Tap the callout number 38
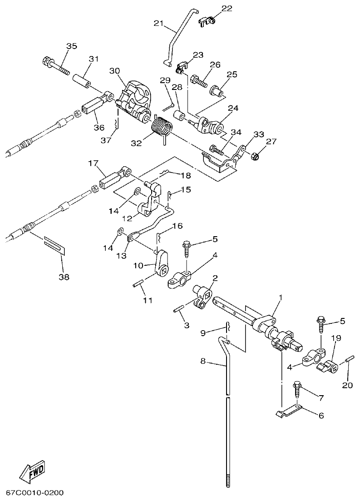64,277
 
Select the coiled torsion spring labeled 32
161,126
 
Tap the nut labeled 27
255,157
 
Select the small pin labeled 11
138,285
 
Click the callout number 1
280,297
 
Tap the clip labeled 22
208,21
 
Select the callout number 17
93,163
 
